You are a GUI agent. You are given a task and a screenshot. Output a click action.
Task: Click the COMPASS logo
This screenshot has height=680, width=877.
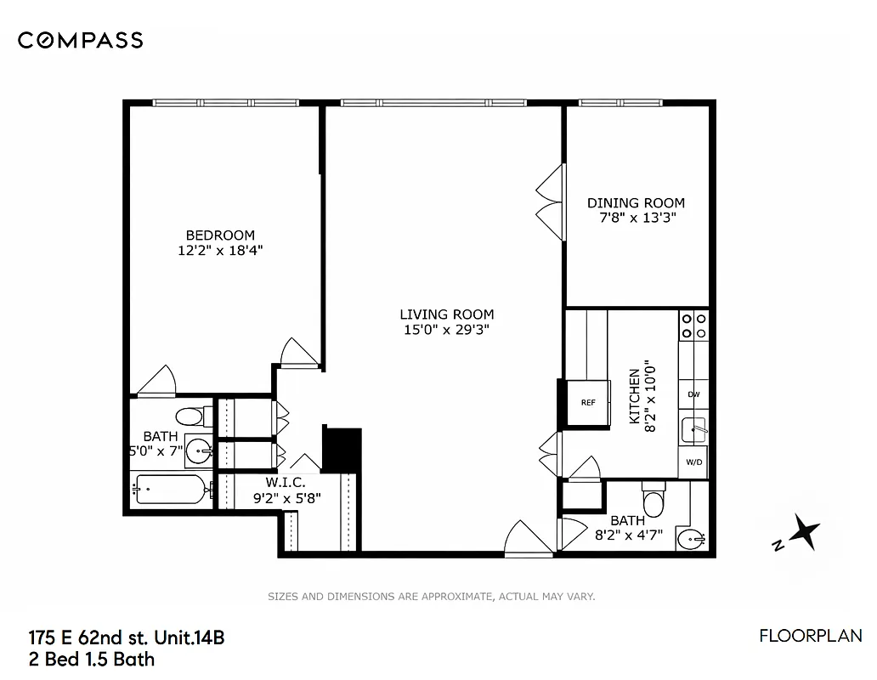tap(80, 40)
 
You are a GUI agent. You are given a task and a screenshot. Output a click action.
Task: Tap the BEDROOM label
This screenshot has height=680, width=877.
tap(220, 235)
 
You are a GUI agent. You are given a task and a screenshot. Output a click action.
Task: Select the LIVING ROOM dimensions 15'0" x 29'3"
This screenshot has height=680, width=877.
tap(447, 329)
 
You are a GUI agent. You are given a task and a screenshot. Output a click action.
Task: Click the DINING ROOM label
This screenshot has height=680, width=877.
tap(636, 203)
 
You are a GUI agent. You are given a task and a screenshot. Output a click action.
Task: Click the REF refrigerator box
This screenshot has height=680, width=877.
tap(587, 402)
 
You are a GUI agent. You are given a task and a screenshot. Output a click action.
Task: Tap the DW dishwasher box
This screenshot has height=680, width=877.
tap(693, 394)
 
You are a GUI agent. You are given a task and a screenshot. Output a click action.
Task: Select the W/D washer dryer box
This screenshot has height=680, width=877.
tap(693, 462)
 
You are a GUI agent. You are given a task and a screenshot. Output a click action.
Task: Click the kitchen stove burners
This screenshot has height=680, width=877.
tap(693, 326)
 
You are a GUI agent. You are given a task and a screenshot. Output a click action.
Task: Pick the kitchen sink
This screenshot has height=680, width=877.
tap(694, 429)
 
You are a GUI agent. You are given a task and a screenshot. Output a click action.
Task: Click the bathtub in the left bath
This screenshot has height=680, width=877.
tap(171, 490)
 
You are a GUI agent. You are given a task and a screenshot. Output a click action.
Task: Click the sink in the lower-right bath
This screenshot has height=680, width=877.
tap(693, 537)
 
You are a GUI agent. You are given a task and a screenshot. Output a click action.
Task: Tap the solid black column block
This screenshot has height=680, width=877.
tap(342, 449)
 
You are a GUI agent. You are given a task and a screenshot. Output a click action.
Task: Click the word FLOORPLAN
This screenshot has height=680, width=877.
tap(810, 636)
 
